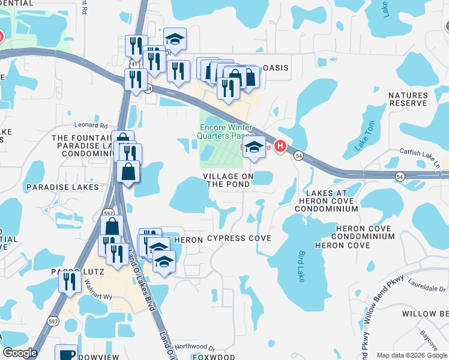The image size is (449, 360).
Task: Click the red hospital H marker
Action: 280,147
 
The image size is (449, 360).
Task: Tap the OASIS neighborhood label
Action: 276,68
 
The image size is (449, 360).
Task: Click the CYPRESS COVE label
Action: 239,238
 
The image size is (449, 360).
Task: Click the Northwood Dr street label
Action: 194,347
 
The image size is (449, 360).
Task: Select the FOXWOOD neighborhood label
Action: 214,357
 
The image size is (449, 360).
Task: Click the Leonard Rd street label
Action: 91,125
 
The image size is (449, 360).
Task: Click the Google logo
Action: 20,353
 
